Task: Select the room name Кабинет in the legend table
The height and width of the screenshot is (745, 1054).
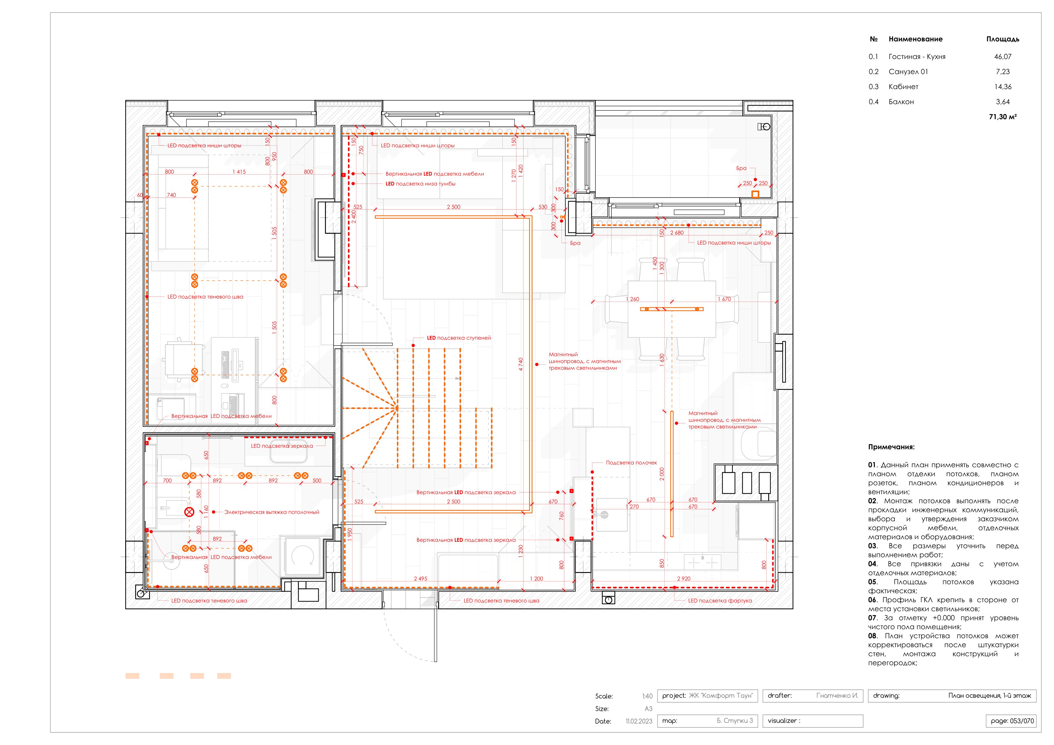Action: click(x=903, y=87)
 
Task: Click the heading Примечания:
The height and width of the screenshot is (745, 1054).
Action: click(x=891, y=447)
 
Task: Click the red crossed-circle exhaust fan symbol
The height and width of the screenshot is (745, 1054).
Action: click(x=189, y=512)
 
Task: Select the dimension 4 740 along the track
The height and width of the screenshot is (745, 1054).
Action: click(x=521, y=364)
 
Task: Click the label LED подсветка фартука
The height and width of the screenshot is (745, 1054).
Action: click(x=719, y=600)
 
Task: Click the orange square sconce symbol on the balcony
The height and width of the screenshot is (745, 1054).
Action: click(x=755, y=194)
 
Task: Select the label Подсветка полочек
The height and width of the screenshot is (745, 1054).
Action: click(x=631, y=463)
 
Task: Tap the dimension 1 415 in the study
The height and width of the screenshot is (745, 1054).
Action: click(x=239, y=172)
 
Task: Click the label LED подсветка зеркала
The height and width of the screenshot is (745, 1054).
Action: click(x=281, y=446)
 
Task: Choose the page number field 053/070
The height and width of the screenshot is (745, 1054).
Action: click(x=1012, y=721)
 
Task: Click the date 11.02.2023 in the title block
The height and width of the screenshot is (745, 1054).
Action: click(x=639, y=721)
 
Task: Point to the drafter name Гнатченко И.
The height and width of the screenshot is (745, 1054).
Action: click(x=837, y=695)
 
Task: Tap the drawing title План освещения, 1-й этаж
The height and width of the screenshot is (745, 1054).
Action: click(x=989, y=695)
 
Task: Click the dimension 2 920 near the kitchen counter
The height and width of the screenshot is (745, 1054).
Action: click(x=683, y=578)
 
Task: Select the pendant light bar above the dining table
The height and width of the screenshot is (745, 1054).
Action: click(x=672, y=309)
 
